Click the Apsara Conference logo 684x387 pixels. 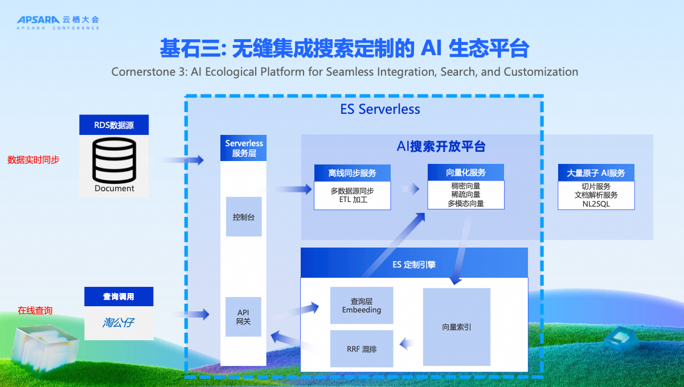[58, 22]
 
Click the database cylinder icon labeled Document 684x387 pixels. [114, 160]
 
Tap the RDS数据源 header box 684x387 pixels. [114, 125]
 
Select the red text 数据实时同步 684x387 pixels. [33, 160]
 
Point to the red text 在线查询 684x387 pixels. [35, 310]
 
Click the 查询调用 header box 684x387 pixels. [119, 297]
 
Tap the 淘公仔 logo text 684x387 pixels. [119, 323]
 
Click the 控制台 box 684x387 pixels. [244, 217]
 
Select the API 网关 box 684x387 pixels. [244, 317]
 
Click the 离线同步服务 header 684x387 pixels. [352, 173]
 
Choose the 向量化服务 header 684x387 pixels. [466, 172]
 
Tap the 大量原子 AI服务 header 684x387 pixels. [596, 173]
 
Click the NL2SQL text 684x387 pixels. [596, 203]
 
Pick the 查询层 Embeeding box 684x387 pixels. [362, 306]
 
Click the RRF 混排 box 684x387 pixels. [362, 348]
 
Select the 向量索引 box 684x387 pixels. [456, 327]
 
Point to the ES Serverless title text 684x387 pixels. [380, 109]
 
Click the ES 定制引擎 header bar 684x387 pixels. [414, 264]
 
